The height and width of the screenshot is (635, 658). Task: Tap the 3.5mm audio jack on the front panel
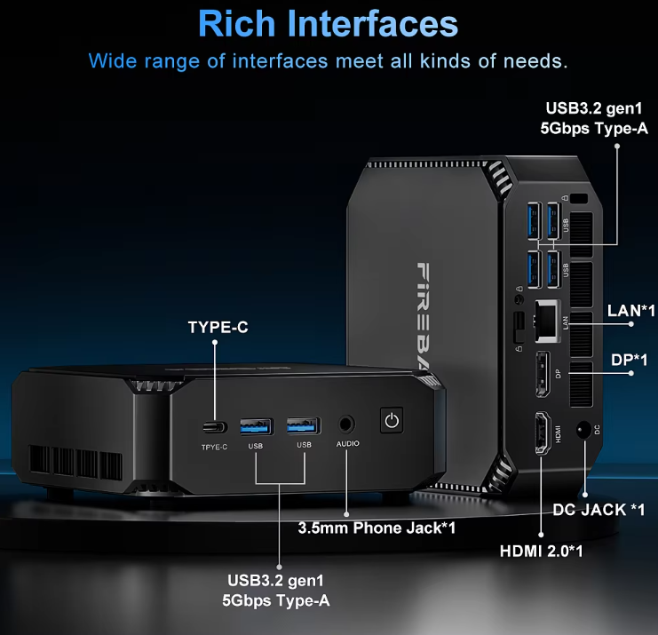pos(345,424)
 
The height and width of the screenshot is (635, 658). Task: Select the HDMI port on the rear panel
pos(540,435)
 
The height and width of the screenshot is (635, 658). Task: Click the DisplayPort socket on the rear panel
pos(540,374)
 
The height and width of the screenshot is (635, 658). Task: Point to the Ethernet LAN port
pos(543,318)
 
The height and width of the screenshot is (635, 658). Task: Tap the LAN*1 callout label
pos(630,311)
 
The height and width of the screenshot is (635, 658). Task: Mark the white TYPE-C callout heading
pos(218,328)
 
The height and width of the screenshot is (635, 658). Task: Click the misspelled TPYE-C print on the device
pos(214,446)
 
